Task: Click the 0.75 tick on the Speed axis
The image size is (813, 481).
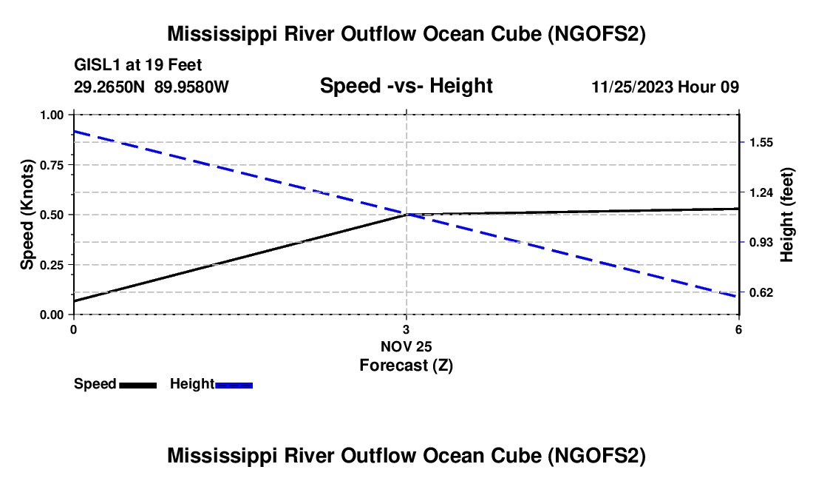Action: pyautogui.click(x=52, y=165)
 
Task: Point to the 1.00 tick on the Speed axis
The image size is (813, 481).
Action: pyautogui.click(x=52, y=115)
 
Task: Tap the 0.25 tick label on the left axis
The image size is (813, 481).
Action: pyautogui.click(x=52, y=265)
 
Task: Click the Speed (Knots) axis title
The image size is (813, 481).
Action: pyautogui.click(x=27, y=215)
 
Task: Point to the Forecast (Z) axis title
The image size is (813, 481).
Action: pyautogui.click(x=406, y=365)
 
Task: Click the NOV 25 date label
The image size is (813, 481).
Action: pyautogui.click(x=406, y=346)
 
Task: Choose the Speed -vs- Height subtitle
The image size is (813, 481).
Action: pyautogui.click(x=406, y=87)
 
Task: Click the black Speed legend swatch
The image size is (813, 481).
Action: pyautogui.click(x=138, y=385)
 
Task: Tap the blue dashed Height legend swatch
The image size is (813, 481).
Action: pyautogui.click(x=234, y=385)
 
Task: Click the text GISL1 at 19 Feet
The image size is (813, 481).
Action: pyautogui.click(x=138, y=66)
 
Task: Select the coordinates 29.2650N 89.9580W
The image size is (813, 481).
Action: pyautogui.click(x=152, y=87)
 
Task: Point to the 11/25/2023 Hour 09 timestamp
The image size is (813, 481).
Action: pyautogui.click(x=664, y=87)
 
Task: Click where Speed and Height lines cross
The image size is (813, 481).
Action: pyautogui.click(x=406, y=215)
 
